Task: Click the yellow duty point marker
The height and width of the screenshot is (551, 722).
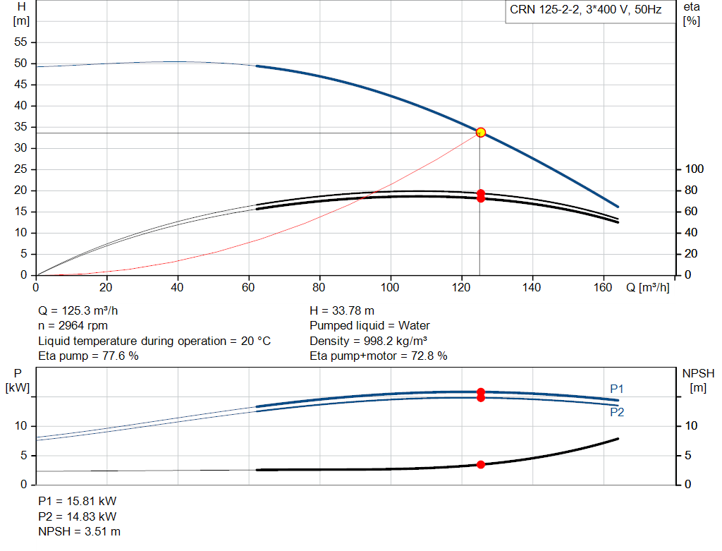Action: [481, 133]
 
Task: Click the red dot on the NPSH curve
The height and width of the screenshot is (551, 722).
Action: [481, 464]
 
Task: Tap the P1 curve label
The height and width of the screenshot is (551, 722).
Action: [616, 389]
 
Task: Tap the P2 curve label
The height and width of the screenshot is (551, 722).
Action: [617, 412]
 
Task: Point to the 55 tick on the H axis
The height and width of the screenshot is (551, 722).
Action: [20, 42]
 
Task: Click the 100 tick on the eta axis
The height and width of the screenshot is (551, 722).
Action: [695, 169]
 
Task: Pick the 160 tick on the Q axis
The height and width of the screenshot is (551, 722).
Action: [603, 287]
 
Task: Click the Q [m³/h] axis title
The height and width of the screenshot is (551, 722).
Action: [648, 287]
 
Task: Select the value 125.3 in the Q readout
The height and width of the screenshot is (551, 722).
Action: [76, 310]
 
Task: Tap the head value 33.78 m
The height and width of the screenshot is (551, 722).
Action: [353, 310]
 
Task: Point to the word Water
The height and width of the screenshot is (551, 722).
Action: [414, 326]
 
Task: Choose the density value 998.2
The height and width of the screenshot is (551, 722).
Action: [378, 341]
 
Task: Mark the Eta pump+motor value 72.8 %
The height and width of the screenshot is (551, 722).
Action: [429, 356]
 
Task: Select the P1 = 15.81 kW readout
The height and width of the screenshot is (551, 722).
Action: [78, 501]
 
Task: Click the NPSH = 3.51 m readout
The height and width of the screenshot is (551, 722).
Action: [79, 532]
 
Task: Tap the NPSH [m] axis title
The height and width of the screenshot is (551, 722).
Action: [698, 380]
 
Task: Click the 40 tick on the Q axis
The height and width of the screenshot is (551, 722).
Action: [177, 287]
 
